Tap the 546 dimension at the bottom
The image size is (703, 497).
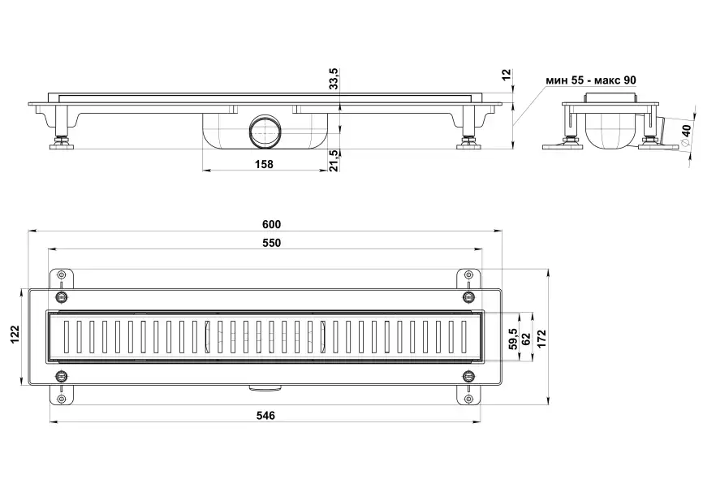pos(265,415)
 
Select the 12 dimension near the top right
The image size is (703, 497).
pos(507,75)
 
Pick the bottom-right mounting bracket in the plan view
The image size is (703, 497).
pos(468,388)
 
